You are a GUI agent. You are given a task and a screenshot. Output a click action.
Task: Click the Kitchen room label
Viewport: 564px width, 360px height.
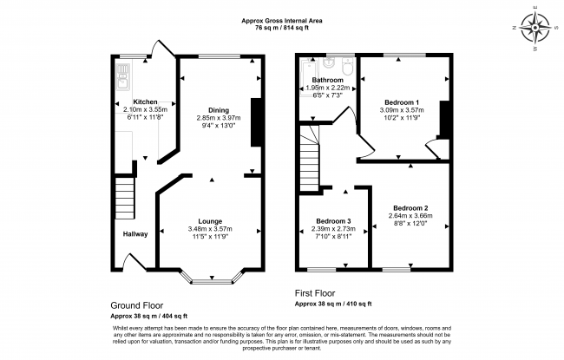pos(145,102)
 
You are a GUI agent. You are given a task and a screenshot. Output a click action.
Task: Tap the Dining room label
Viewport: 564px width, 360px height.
pos(219,110)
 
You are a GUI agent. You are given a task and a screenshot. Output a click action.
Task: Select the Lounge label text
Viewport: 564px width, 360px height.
pos(210,221)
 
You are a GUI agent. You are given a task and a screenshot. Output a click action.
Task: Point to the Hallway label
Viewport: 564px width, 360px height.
pos(135,234)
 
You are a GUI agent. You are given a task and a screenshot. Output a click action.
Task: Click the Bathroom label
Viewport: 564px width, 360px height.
pos(328,80)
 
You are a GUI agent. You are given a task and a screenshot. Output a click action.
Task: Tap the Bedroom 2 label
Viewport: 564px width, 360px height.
pos(410,208)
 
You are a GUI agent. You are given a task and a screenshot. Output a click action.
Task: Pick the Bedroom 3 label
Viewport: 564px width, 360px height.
pos(333,221)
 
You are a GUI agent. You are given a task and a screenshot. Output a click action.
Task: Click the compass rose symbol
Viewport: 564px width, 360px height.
pos(535,28)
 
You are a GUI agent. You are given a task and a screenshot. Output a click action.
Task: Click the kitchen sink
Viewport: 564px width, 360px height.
pos(122,76)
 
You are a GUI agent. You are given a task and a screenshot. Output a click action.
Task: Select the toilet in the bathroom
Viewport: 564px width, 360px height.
pos(348,66)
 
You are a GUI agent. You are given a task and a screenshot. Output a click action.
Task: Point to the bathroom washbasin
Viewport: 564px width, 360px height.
pos(329,63)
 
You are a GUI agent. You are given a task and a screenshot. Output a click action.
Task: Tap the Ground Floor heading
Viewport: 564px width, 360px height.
pos(137,305)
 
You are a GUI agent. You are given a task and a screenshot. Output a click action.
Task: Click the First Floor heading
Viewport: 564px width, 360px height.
pos(315,293)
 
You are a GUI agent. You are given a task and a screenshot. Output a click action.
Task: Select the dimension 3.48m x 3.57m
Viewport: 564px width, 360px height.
pos(210,229)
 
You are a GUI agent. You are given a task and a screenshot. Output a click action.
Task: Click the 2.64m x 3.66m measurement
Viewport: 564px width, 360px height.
pos(410,216)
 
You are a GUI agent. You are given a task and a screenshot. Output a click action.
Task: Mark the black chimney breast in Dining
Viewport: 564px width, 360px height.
pos(256,122)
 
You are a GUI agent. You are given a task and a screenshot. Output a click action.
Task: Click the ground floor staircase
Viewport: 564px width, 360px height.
pos(125,197)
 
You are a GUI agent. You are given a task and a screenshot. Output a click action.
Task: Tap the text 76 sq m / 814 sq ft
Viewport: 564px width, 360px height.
pos(282,29)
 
